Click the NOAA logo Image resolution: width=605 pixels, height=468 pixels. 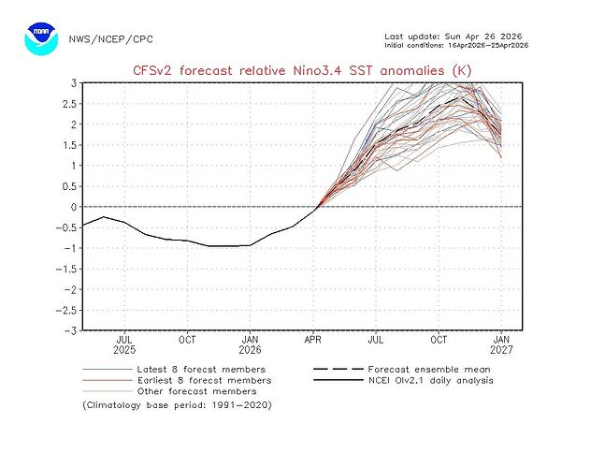[42, 38]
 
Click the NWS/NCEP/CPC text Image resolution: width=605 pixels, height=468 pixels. [111, 39]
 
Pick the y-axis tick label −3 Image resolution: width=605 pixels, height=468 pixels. [69, 330]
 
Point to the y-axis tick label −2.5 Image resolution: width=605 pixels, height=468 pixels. [65, 310]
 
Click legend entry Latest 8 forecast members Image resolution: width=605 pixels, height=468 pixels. [200, 369]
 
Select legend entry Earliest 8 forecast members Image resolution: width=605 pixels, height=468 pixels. [203, 380]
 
